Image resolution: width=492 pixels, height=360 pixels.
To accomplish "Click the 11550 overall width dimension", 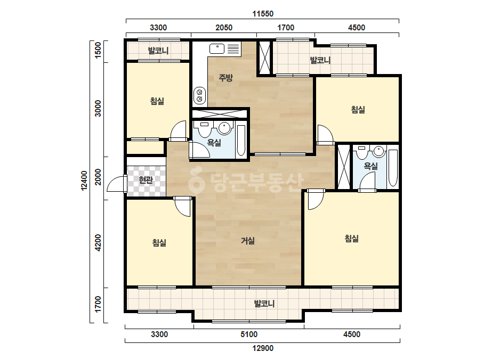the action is [x=263, y=14].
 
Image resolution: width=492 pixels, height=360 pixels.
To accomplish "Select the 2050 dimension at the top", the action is [x=224, y=28].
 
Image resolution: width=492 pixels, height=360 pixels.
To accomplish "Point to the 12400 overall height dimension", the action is [x=84, y=181].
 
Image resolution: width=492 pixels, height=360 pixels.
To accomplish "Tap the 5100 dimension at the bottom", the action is [x=249, y=334].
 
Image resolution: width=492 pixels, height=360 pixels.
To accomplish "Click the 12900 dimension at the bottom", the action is [x=263, y=348].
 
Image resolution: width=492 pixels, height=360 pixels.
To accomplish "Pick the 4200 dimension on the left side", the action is [x=98, y=243].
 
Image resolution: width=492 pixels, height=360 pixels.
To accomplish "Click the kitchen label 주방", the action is [x=225, y=77].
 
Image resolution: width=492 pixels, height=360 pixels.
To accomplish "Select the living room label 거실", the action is [x=248, y=241].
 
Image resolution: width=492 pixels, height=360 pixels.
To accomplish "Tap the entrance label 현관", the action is [x=146, y=180].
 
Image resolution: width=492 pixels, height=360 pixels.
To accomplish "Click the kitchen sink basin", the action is [x=217, y=49].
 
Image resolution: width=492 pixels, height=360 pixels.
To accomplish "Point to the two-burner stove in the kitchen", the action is [x=199, y=95].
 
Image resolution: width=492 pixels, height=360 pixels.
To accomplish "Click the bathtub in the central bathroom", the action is [x=241, y=141].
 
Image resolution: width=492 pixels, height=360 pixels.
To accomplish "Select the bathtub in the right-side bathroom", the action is [x=393, y=168].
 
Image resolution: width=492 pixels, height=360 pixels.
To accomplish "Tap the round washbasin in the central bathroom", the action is [x=224, y=127].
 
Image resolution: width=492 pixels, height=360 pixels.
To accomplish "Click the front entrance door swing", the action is [x=117, y=183].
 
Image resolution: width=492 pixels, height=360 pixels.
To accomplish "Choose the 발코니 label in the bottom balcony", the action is [x=264, y=304].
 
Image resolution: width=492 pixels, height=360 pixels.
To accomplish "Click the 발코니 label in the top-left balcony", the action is [x=158, y=51].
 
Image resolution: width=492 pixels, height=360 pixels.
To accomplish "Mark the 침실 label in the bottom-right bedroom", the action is [x=352, y=239].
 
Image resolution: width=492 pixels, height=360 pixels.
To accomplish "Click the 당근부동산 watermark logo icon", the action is [x=196, y=181].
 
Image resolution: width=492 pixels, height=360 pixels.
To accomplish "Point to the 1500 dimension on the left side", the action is [x=98, y=50].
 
